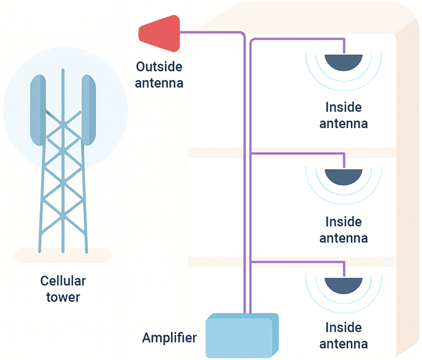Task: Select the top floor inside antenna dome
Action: pos(344,62)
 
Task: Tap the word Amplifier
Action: pos(169,338)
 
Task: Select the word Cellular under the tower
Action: pos(63,280)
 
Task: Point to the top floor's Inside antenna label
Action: pos(343,115)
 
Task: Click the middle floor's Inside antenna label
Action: pos(343,230)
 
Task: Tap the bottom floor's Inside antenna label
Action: pos(343,336)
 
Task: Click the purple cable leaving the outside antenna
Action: pos(212,32)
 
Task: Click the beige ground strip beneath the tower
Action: pos(62,255)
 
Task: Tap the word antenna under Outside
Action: pos(160,81)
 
